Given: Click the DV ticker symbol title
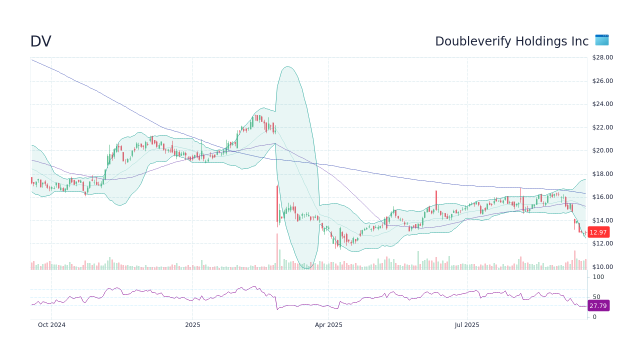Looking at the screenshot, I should pos(40,41).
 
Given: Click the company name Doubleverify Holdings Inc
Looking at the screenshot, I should pos(511,41).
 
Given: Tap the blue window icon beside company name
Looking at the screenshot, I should pos(601,40).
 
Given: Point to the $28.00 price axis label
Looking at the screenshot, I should pos(602,57).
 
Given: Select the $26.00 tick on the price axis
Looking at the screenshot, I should pos(602,81).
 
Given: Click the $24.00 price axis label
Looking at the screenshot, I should pos(602,104).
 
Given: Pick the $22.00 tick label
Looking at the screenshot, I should pos(602,127).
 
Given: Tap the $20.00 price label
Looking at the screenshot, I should pos(602,150).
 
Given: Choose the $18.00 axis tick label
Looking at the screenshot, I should pos(602,174).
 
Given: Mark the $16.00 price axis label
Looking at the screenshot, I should pos(602,197).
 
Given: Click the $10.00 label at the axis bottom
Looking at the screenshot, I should pos(602,267).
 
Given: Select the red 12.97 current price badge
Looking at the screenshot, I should pos(598,232).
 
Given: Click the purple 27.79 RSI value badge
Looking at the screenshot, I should pos(598,305).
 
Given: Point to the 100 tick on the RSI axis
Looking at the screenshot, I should pos(598,277).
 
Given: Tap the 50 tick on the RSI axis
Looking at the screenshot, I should pos(596,297).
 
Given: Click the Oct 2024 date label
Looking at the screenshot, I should pos(51,325).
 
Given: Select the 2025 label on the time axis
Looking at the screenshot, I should pos(192,325).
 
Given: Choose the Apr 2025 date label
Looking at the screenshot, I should pos(328,325).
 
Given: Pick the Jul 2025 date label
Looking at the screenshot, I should pos(467,325).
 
